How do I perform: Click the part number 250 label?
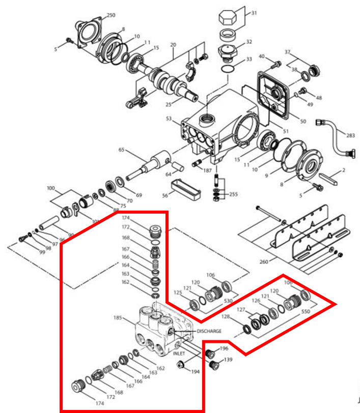110,15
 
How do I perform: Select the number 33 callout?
249,60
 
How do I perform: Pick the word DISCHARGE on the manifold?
209,331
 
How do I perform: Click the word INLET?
179,352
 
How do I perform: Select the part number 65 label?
121,150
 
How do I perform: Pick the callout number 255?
234,194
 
